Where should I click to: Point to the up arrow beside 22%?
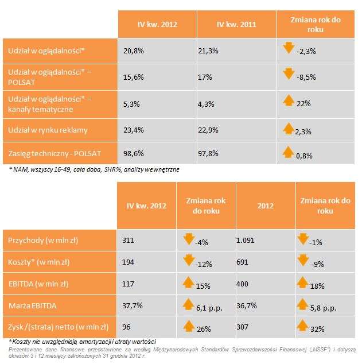289,102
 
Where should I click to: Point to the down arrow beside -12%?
188,261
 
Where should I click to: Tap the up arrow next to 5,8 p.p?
304,305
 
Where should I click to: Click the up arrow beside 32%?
304,328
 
